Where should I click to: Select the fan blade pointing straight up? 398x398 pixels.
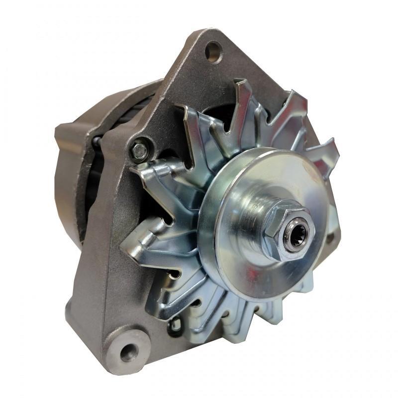(244, 99)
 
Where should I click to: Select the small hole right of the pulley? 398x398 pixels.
(329, 239)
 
